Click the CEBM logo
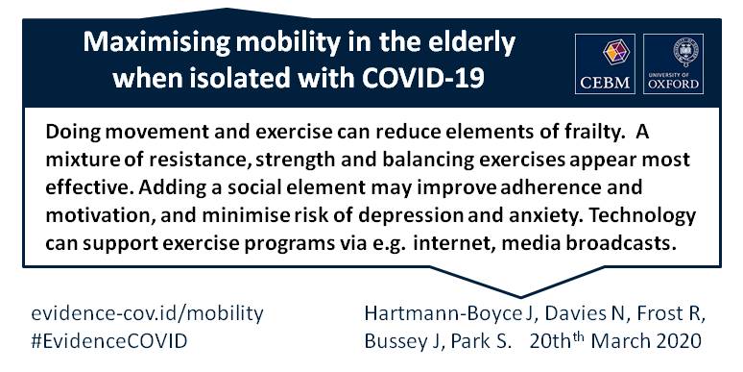pyautogui.click(x=605, y=63)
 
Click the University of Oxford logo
pyautogui.click(x=673, y=63)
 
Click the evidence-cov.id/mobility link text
pyautogui.click(x=147, y=314)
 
